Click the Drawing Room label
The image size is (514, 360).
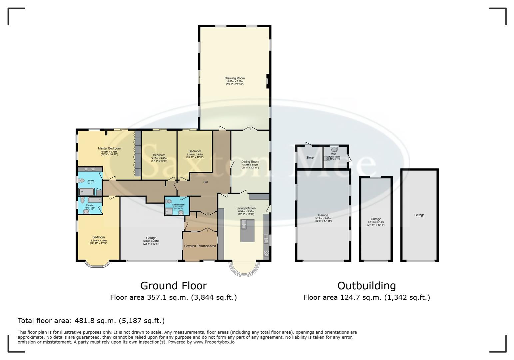235,78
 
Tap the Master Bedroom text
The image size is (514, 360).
109,148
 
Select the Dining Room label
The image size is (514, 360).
250,162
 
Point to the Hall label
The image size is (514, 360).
206,182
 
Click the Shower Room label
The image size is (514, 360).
178,205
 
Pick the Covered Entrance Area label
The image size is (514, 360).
200,246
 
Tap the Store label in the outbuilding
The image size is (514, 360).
310,157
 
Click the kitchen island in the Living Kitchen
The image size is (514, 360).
247,230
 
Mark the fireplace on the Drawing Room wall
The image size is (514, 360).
267,81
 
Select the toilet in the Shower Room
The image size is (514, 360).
169,201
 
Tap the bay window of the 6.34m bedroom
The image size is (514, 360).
97,264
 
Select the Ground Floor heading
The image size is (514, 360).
173,286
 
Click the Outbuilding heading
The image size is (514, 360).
366,286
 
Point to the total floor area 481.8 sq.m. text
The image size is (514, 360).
91,321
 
